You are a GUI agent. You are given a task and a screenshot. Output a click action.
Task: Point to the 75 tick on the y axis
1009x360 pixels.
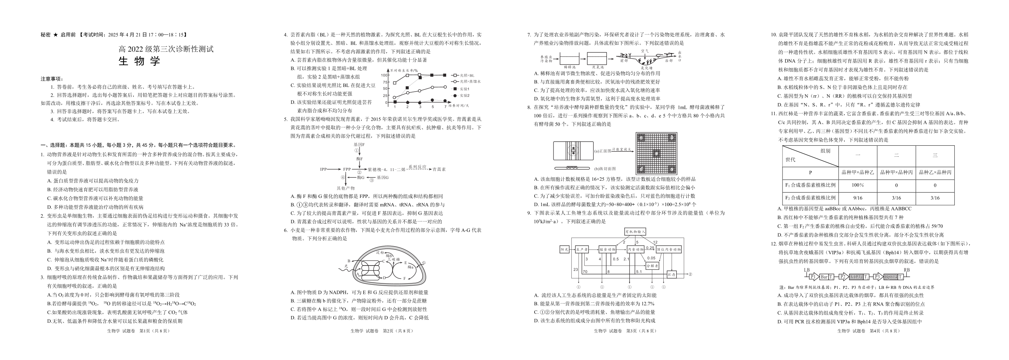(x=385, y=82)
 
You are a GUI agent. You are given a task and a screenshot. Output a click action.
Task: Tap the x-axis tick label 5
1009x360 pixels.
(x=433, y=107)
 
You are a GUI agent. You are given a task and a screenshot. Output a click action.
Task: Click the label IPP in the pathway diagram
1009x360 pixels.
(x=323, y=169)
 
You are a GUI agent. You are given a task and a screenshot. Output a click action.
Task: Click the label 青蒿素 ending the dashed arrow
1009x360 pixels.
(x=438, y=169)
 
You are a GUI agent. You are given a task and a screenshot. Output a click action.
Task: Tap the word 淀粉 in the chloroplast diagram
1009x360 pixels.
(x=380, y=253)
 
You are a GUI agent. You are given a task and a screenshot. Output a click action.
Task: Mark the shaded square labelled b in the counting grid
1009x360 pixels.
(x=672, y=138)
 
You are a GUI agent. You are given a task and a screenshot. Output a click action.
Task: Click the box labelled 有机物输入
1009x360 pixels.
(x=635, y=232)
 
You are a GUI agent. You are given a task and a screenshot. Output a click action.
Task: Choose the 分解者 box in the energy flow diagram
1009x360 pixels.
(x=652, y=266)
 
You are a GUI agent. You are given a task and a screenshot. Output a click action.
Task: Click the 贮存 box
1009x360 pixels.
(x=672, y=274)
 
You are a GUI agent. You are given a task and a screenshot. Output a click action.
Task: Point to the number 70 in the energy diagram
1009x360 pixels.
(x=585, y=272)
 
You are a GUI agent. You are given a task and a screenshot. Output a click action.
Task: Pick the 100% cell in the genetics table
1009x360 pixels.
(x=857, y=185)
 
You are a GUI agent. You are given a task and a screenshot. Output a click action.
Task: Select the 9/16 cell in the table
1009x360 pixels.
(x=857, y=198)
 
